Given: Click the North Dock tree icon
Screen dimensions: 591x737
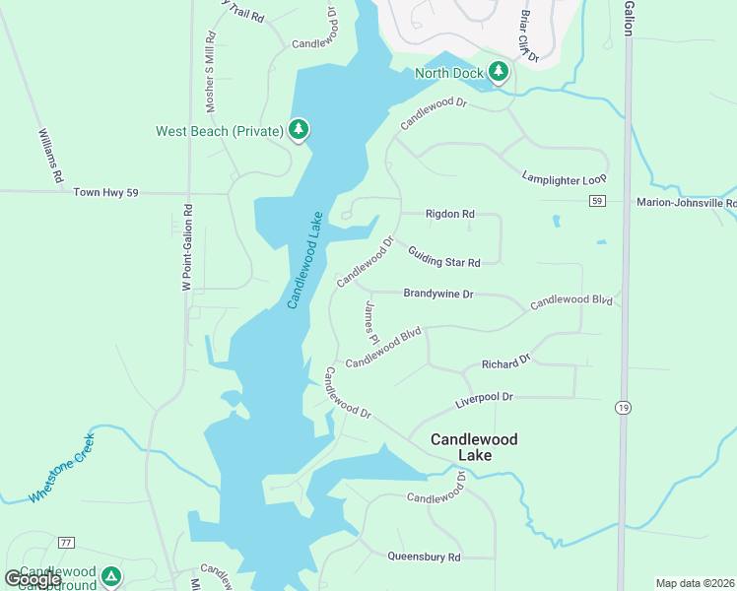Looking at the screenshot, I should (x=499, y=72).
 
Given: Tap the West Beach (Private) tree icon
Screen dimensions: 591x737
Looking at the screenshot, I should (x=299, y=130).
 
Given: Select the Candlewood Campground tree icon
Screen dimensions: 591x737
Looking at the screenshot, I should (x=111, y=576).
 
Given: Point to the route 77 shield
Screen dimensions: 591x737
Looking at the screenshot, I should (x=66, y=543).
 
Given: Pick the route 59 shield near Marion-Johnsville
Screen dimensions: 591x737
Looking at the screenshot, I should (x=597, y=201).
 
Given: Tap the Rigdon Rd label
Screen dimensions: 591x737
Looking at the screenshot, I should (x=449, y=214).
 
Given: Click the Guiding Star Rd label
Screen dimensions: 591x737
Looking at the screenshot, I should (x=443, y=256).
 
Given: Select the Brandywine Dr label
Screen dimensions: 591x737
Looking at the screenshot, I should (x=438, y=294).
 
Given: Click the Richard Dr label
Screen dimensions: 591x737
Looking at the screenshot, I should (x=506, y=362).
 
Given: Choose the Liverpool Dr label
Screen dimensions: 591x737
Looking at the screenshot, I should (x=484, y=399).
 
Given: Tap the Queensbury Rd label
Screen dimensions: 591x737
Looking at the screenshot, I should (x=424, y=557).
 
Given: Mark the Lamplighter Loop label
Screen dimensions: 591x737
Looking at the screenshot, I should (x=564, y=174).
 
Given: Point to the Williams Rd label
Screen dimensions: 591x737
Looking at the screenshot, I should (x=50, y=156).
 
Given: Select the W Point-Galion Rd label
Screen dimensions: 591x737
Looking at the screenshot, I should (x=185, y=247).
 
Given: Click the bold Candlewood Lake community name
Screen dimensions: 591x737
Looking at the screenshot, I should (x=474, y=447).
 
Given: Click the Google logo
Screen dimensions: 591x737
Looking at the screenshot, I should (x=32, y=579).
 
